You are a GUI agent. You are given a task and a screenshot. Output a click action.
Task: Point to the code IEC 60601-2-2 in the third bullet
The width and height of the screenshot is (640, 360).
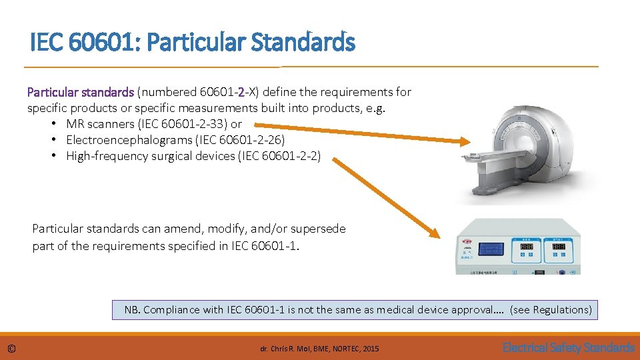pos(279,156)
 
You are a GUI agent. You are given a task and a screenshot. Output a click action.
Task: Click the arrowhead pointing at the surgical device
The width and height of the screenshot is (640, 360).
pos(434,233)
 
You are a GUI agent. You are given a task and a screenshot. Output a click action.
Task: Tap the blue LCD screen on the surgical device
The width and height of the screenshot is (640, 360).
pos(489,249)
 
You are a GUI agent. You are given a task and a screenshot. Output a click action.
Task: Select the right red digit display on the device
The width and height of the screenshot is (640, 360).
pos(558,246)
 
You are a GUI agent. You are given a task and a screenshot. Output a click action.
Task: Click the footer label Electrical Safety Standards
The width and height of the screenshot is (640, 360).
pos(568,347)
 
